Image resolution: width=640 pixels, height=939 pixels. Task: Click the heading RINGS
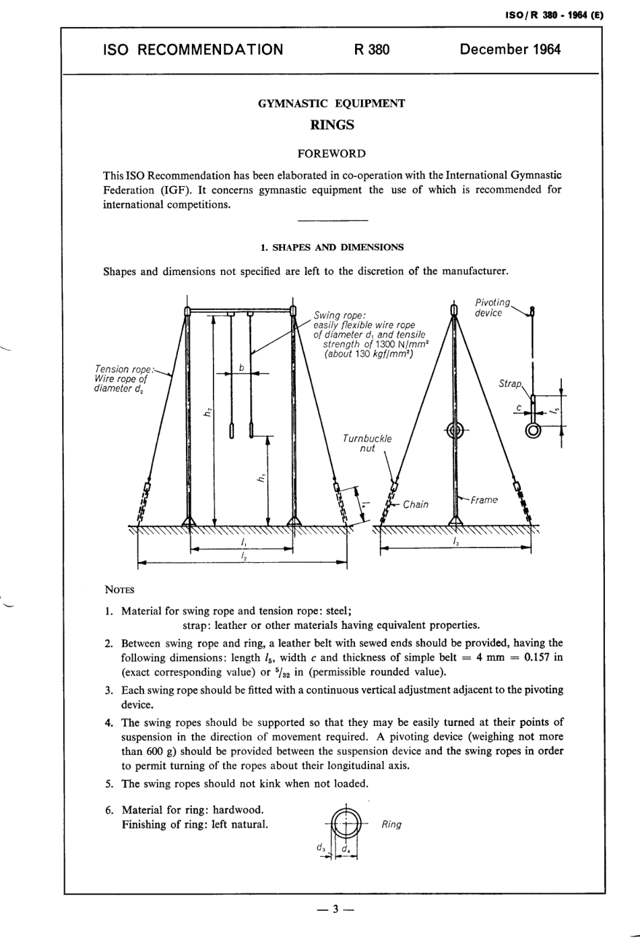pos(331,125)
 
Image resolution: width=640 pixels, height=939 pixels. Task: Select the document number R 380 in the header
pos(371,49)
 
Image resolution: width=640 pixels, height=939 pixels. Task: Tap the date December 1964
pos(509,49)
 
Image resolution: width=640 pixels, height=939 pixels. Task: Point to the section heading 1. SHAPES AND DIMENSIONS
pos(332,247)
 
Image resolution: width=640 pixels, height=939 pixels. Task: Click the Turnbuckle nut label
pos(367,444)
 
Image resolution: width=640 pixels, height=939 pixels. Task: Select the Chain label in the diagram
pos(415,504)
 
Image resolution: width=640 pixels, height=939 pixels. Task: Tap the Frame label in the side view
pos(484,499)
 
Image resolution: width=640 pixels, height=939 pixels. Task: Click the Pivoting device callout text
pos(492,307)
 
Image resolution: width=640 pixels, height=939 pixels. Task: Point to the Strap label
pos(510,384)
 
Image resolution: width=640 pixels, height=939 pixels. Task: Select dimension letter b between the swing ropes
pos(241,367)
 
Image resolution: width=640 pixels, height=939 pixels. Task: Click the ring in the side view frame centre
pos(455,430)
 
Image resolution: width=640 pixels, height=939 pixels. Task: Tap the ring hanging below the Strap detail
pos(533,431)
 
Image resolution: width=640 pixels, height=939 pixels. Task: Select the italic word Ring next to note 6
pos(391,824)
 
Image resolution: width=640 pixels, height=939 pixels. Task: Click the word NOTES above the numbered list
pos(119,590)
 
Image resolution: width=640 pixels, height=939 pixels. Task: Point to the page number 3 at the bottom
pos(335,910)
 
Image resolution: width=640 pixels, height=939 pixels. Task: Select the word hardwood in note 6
pos(239,810)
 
